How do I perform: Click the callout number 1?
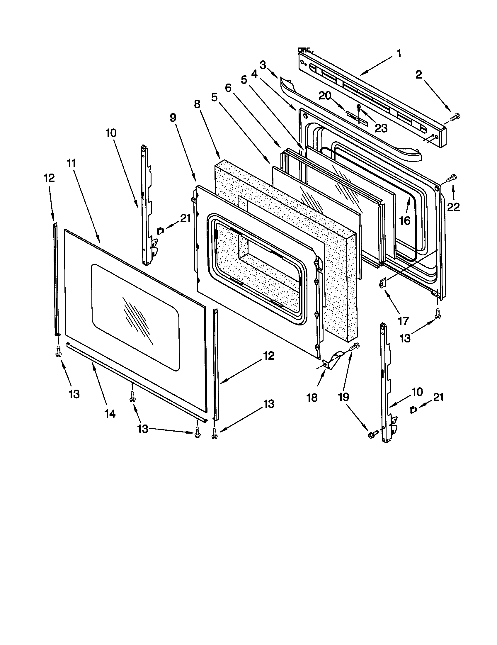pyautogui.click(x=399, y=54)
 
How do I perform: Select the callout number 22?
pyautogui.click(x=453, y=207)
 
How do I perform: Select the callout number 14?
pyautogui.click(x=110, y=414)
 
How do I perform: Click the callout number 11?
pyautogui.click(x=71, y=163)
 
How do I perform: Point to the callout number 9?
pyautogui.click(x=173, y=118)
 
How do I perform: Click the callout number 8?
pyautogui.click(x=197, y=104)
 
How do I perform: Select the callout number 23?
pyautogui.click(x=381, y=128)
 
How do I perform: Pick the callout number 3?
pyautogui.click(x=263, y=65)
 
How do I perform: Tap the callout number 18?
pyautogui.click(x=312, y=398)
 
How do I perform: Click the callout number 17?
pyautogui.click(x=403, y=321)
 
